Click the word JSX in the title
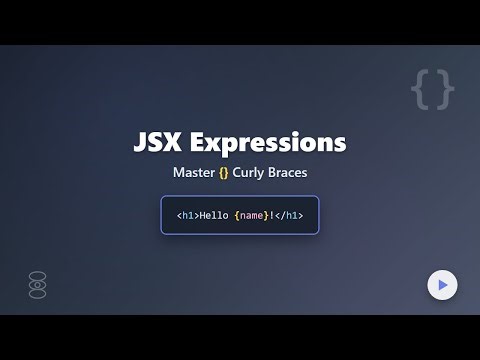point(158,142)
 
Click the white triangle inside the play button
point(442,285)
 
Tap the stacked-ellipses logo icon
point(38,285)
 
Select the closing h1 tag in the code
point(288,215)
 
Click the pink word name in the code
point(252,215)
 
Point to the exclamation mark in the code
point(270,215)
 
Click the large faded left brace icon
point(421,90)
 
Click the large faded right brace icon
point(445,90)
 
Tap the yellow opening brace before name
point(237,215)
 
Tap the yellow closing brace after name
point(265,215)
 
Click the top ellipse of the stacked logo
point(38,275)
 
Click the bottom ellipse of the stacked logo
point(38,295)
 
